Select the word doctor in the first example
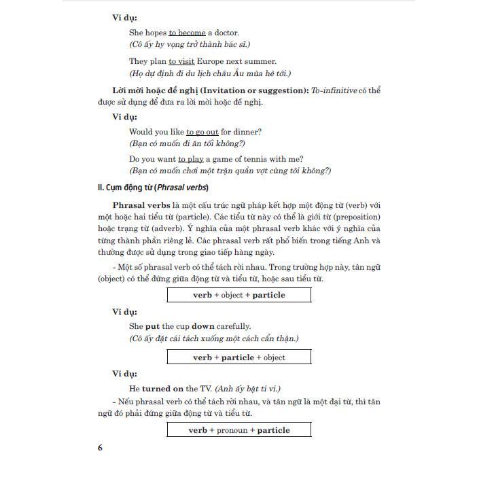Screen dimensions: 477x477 (224, 33)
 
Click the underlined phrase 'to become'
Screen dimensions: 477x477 (187, 33)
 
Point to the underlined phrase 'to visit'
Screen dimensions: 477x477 (182, 61)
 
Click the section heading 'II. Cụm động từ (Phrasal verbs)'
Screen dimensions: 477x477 (154, 188)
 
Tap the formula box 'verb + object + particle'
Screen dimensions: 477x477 (239, 295)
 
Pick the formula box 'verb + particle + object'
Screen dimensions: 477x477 (239, 357)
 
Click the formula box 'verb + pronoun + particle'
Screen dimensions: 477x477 (239, 430)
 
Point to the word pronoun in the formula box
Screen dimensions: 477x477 (232, 430)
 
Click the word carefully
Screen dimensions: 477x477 (231, 326)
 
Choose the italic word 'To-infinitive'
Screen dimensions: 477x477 (334, 90)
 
